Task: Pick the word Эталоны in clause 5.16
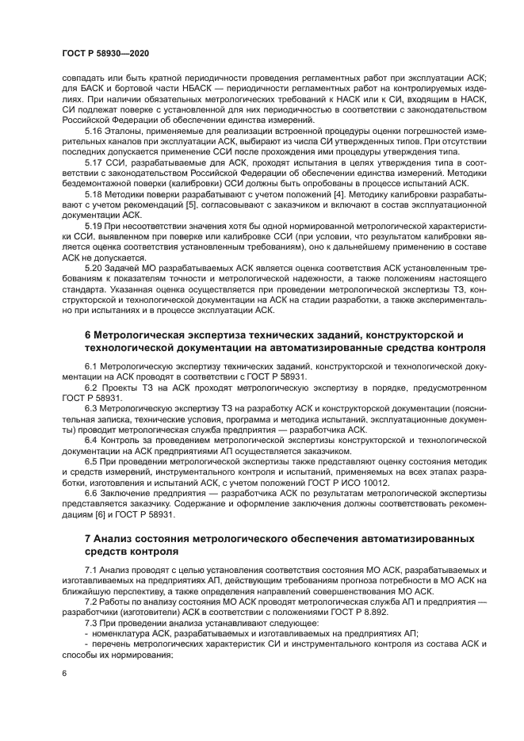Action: point(125,130)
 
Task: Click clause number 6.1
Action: point(92,367)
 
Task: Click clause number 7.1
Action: point(92,571)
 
